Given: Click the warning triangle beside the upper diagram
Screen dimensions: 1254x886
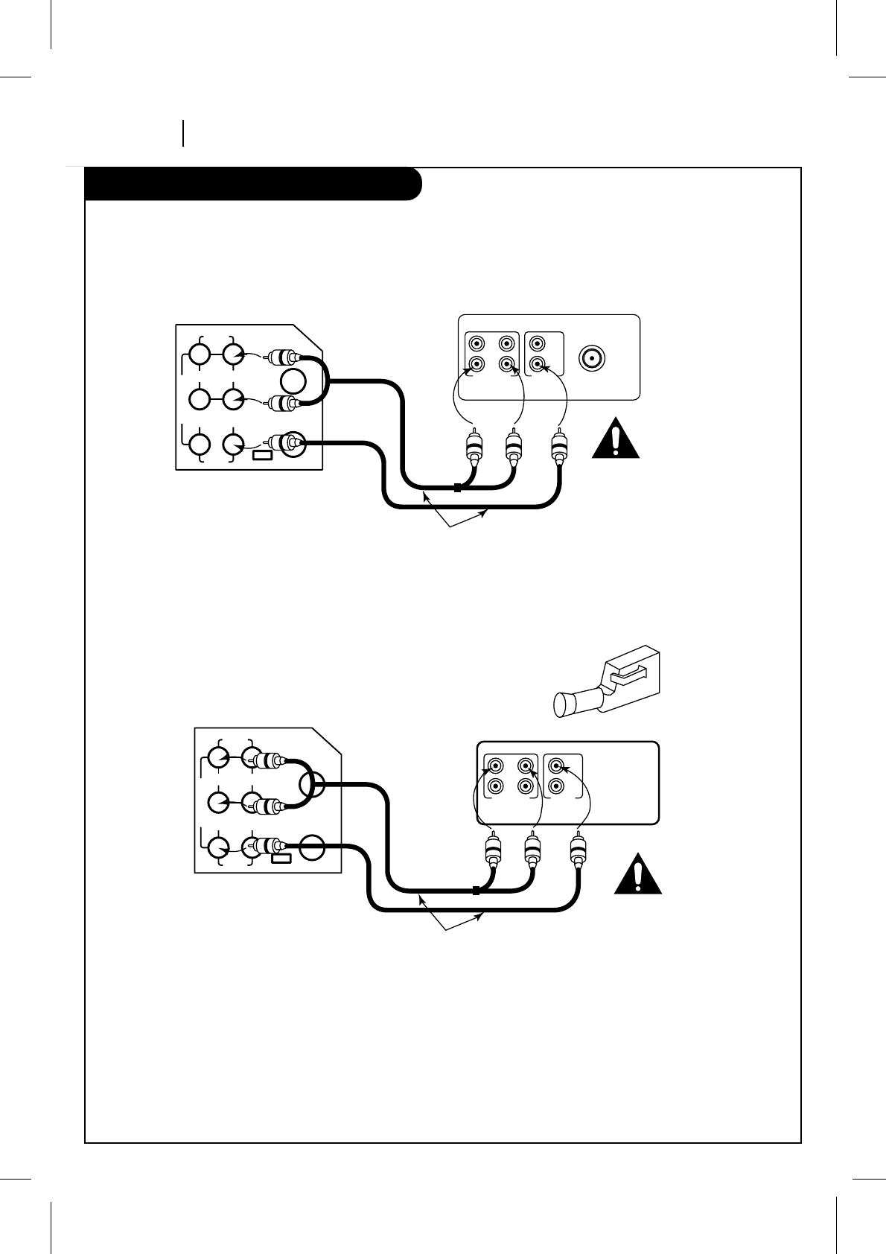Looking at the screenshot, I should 616,439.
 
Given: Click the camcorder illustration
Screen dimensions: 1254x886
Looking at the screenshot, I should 607,681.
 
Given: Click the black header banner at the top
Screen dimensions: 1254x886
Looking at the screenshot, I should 253,185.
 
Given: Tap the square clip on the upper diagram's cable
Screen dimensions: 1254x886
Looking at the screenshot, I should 457,488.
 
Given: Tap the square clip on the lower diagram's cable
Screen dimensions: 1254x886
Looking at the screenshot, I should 476,890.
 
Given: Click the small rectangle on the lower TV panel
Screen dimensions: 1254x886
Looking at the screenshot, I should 281,859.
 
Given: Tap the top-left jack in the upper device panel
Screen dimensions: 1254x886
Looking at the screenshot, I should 474,344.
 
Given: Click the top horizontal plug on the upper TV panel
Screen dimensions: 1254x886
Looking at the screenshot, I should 283,358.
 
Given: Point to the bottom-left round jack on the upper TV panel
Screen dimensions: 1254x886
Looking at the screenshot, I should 199,445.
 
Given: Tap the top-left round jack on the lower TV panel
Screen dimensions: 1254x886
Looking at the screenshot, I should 217,757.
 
